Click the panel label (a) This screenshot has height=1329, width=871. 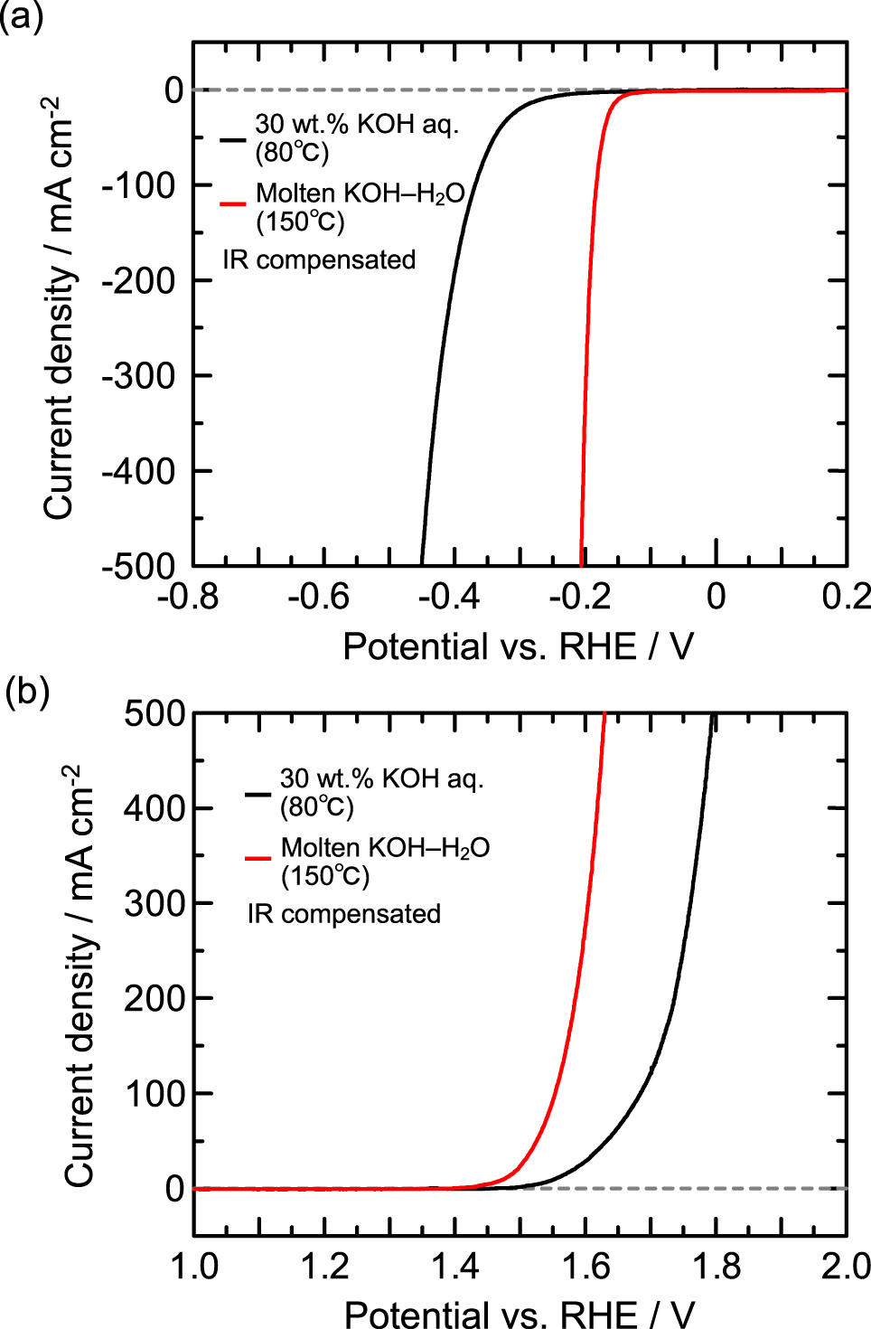(22, 17)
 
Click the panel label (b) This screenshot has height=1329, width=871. (26, 693)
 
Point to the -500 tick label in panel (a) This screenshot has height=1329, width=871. (138, 566)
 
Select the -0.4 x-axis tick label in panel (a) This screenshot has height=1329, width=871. (448, 597)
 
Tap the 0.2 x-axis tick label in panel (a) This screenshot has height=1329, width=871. (846, 597)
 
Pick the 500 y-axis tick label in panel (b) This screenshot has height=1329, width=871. (155, 713)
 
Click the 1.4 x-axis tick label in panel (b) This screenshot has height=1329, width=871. (454, 1267)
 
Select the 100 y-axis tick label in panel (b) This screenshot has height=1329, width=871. (155, 1093)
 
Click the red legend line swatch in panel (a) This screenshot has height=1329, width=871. (233, 204)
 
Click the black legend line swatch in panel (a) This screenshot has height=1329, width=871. (233, 139)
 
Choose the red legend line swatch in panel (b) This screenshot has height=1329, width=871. (258, 858)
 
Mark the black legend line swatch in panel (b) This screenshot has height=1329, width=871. (258, 794)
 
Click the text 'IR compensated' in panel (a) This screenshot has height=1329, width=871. (319, 260)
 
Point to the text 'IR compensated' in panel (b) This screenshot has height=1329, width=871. (344, 914)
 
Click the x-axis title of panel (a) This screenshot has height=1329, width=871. (518, 647)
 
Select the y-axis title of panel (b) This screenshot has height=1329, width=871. (80, 976)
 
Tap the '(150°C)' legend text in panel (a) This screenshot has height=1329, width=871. (300, 221)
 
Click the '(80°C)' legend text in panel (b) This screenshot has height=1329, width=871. (316, 806)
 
